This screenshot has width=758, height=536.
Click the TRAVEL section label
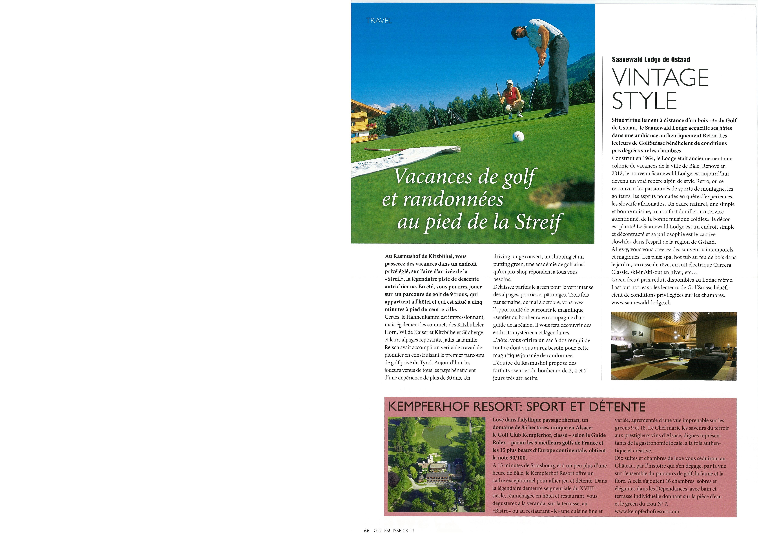pyautogui.click(x=379, y=20)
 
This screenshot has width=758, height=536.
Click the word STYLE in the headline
pyautogui.click(x=644, y=101)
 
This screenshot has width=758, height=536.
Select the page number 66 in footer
pyautogui.click(x=366, y=530)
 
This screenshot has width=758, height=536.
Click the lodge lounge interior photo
pyautogui.click(x=674, y=346)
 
